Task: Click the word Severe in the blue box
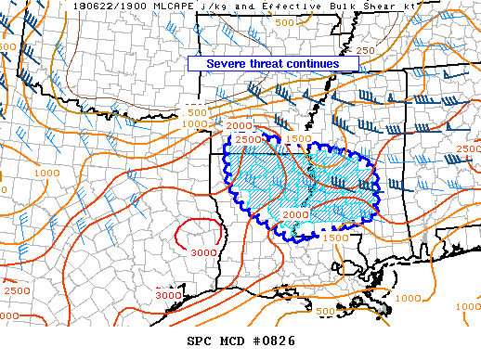(x=227, y=63)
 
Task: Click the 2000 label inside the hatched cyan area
(x=295, y=214)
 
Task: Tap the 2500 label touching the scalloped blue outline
(x=247, y=139)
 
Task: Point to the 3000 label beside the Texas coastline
(x=168, y=294)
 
